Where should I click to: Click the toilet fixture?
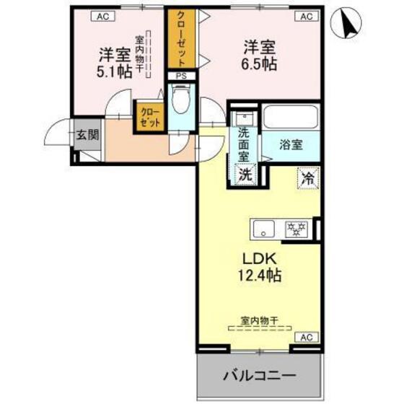click(x=180, y=101)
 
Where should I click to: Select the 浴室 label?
click(x=291, y=144)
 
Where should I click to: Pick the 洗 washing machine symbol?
click(x=245, y=174)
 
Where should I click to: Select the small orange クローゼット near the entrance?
click(x=149, y=118)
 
